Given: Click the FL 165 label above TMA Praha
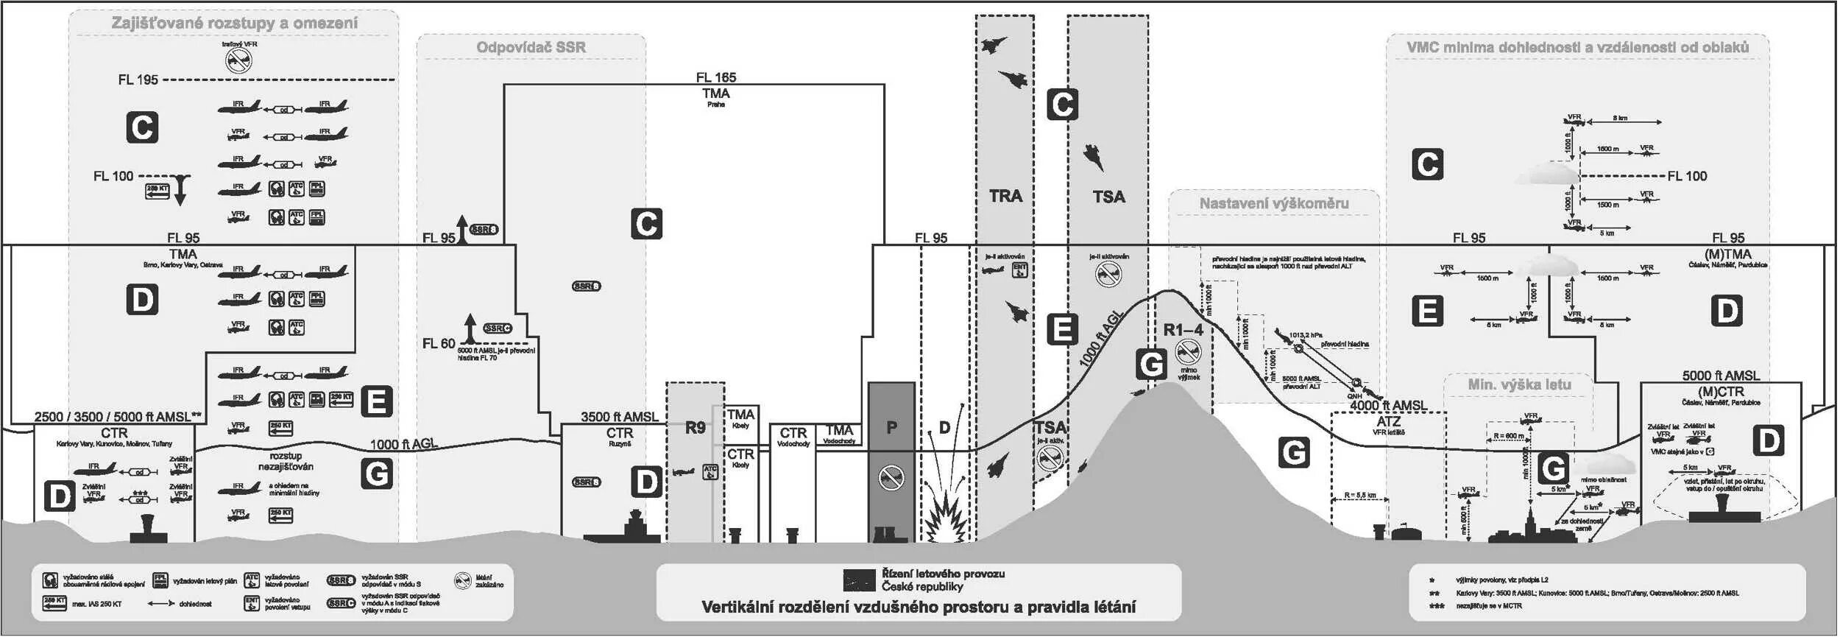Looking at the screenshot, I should pos(715,77).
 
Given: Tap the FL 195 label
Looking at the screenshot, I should pos(138,80).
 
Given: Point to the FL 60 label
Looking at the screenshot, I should pos(439,343).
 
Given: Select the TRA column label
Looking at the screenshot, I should pos(1005,196).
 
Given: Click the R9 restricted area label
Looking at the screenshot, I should pos(695,428).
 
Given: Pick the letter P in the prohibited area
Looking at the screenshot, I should pos(891,427).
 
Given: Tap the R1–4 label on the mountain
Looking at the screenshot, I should pos(1183,331).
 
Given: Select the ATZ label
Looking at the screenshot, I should pos(1388,421).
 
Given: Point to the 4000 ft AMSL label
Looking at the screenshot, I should pos(1388,406).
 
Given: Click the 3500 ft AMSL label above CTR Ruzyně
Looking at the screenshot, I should pos(619,417).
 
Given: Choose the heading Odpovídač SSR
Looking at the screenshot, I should pos(531,47).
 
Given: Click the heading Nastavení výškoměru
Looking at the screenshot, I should pos(1274,203).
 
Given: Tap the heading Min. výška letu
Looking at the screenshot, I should pos(1519,384).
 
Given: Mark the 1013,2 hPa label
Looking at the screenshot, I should pos(1306,335).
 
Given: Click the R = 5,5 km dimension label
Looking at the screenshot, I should pos(1359,495).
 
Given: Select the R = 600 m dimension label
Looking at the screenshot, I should pos(1509,436).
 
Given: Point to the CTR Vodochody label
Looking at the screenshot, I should pos(793,436).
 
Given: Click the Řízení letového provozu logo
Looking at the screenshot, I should pos(859,580).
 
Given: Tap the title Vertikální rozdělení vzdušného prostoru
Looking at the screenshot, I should pos(918,607).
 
